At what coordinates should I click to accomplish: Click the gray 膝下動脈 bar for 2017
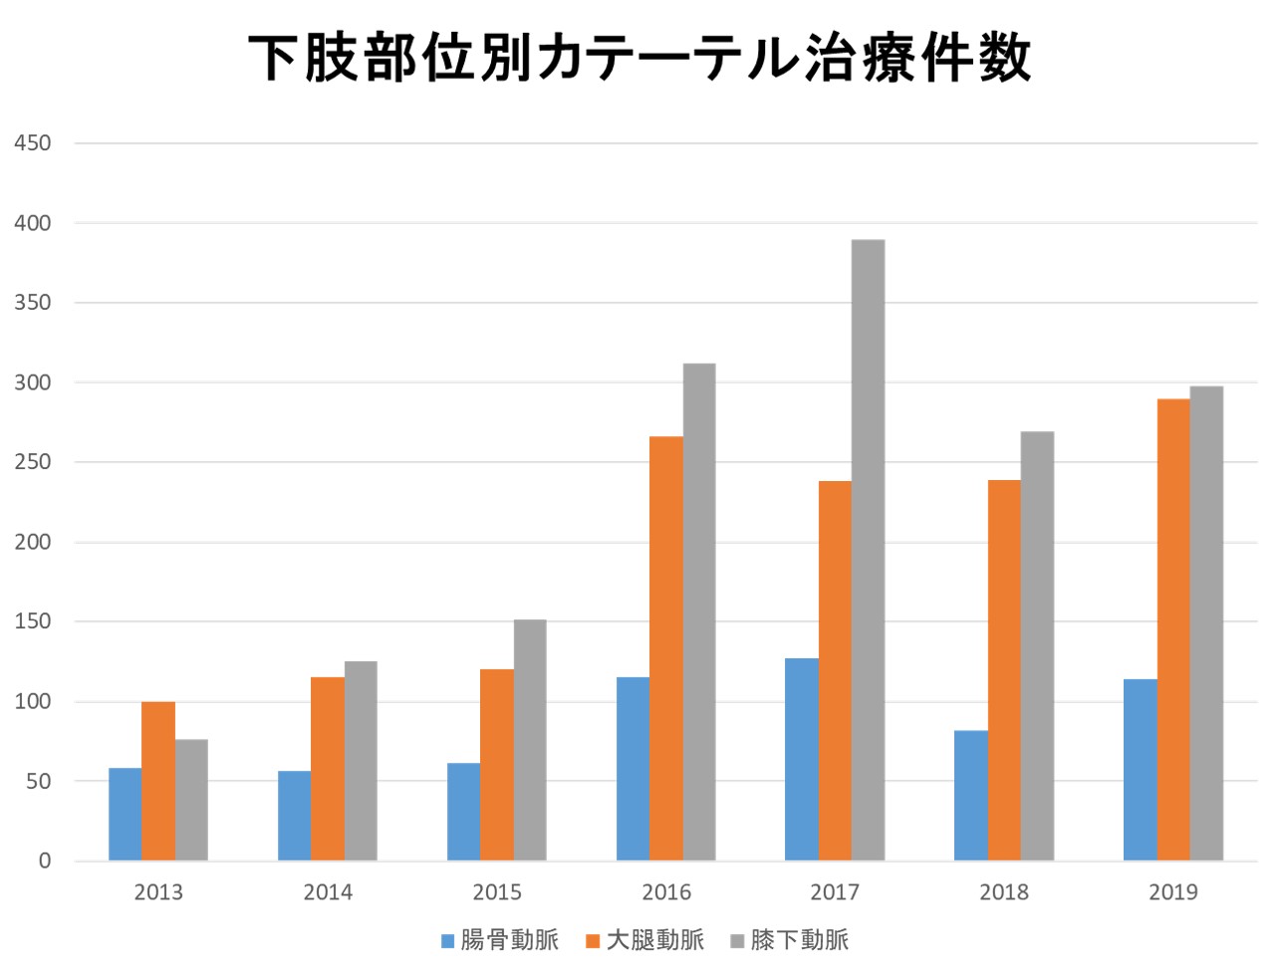(x=868, y=550)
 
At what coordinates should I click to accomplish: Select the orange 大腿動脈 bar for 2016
(x=666, y=648)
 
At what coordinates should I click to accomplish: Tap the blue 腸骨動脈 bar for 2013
(x=125, y=814)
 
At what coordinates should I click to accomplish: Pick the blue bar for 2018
(x=970, y=796)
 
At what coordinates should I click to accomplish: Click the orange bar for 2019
(x=1173, y=629)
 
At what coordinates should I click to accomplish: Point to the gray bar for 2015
(x=530, y=740)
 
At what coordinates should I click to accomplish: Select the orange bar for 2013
(x=158, y=781)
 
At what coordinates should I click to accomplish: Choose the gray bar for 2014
(x=361, y=761)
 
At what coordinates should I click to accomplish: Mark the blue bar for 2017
(x=802, y=759)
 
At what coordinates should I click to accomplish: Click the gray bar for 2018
(x=1037, y=645)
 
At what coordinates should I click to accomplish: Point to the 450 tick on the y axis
(x=33, y=143)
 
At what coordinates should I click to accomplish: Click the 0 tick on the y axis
(x=45, y=861)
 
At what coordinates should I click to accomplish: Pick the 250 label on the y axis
(x=33, y=462)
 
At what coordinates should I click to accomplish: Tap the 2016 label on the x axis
(x=665, y=892)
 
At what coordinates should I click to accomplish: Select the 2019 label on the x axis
(x=1172, y=892)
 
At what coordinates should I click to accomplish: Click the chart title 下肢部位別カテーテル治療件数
(x=640, y=58)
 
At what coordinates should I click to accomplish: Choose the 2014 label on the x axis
(x=328, y=892)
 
